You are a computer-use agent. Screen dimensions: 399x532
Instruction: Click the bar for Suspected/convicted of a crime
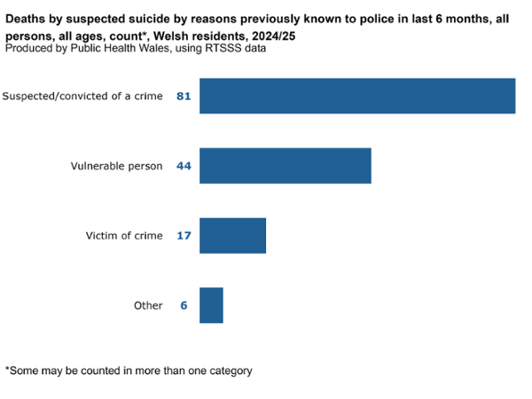pos(356,96)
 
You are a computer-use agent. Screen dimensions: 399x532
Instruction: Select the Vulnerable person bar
pos(285,166)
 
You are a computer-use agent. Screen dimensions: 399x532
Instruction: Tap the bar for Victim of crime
pos(232,236)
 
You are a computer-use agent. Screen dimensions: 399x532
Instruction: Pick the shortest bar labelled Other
pos(211,305)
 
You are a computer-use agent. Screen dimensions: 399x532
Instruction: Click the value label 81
pos(184,96)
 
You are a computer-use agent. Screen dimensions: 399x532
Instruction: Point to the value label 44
pos(184,166)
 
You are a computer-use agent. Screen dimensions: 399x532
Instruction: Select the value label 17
pos(184,236)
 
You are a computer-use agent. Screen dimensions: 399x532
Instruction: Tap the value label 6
pos(184,305)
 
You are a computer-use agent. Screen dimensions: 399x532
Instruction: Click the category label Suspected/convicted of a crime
pos(83,96)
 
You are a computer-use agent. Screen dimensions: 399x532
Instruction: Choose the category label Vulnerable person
pos(117,166)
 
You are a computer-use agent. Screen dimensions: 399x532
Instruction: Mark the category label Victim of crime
pos(124,236)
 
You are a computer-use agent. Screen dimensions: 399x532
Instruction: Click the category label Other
pos(148,305)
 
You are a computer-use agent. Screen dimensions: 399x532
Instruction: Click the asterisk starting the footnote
pos(7,370)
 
